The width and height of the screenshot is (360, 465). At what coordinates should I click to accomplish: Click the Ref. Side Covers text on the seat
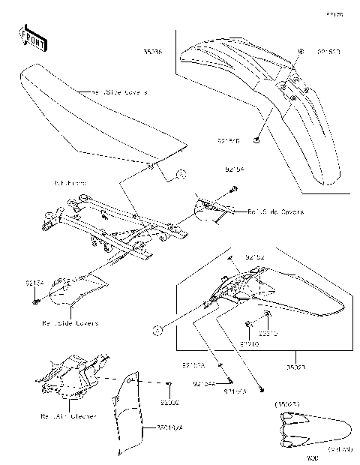pos(119,92)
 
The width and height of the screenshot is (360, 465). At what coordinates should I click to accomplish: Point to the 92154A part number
pos(204,384)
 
